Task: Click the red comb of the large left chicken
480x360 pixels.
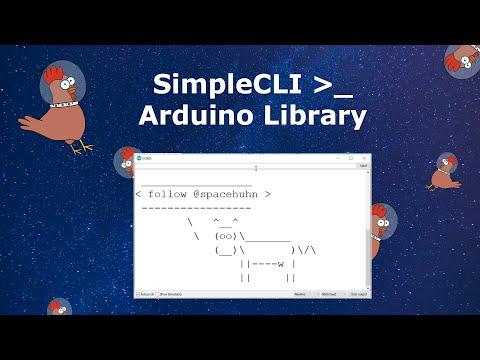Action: (50, 73)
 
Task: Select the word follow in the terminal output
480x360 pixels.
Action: (166, 193)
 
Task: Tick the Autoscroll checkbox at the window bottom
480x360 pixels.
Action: (138, 294)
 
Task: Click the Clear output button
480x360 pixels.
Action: (357, 294)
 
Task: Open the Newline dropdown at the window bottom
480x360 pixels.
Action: (300, 294)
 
